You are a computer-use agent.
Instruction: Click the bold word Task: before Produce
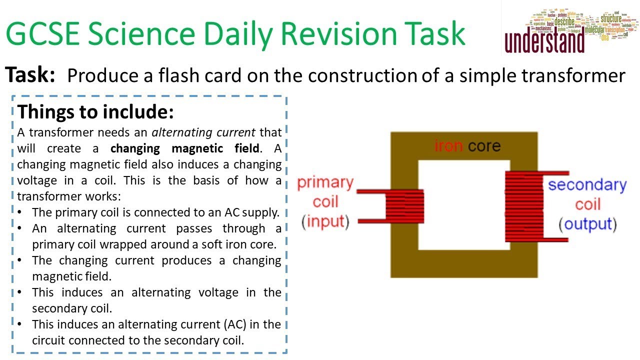click(x=30, y=75)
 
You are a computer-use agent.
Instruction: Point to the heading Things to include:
click(x=95, y=111)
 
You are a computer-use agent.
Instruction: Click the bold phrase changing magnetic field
click(x=185, y=148)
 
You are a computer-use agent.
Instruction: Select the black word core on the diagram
click(x=484, y=146)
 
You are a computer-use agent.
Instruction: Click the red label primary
click(x=325, y=183)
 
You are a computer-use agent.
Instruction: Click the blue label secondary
click(x=587, y=185)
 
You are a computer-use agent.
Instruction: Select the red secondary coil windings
click(x=524, y=206)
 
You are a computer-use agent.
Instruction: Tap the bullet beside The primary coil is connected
click(x=19, y=212)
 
